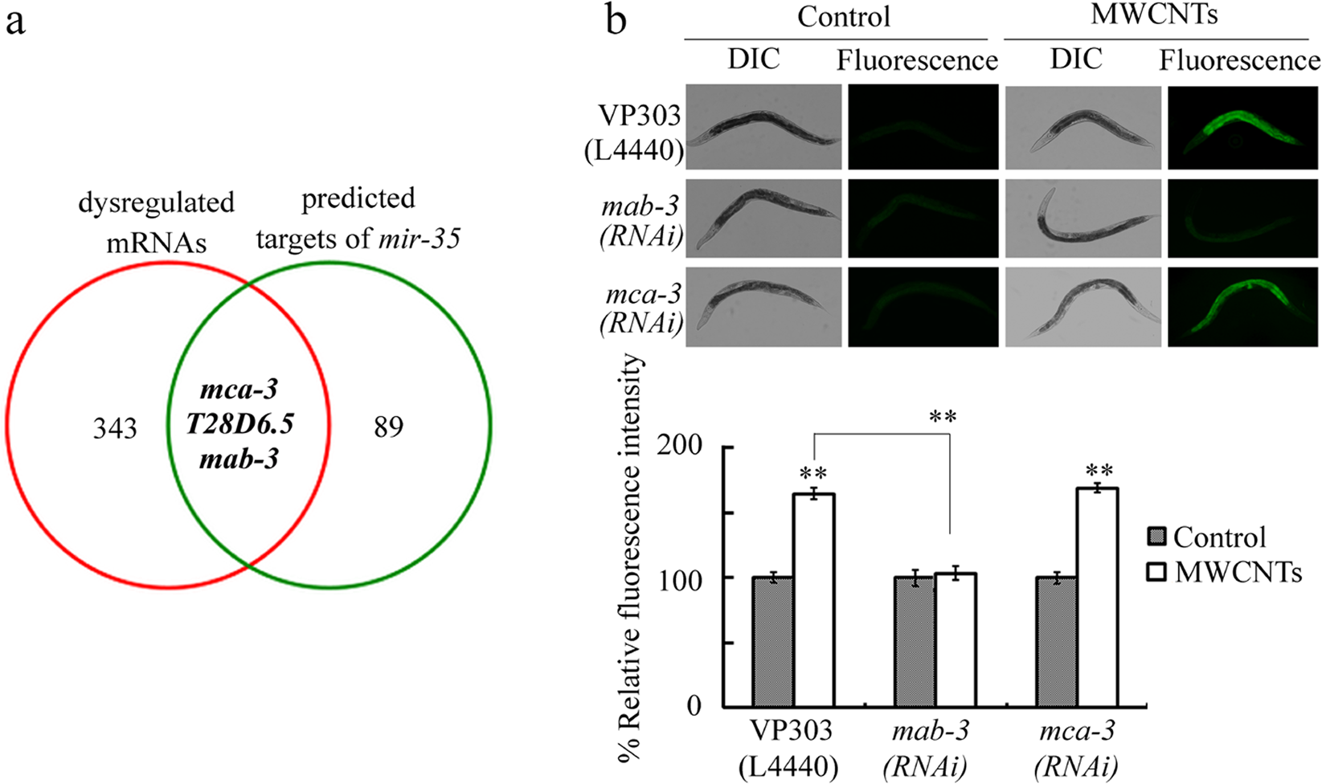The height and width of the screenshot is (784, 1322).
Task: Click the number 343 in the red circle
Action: (x=115, y=428)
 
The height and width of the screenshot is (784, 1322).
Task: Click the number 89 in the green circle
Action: (x=388, y=427)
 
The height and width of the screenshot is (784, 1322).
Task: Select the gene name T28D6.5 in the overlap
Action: (x=239, y=425)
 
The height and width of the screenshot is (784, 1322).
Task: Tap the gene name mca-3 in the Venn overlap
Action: (x=239, y=390)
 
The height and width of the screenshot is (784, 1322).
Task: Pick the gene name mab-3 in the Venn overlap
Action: (x=239, y=459)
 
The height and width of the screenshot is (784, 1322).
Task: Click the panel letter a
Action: (x=14, y=22)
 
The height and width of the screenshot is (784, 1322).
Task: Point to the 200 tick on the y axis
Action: (x=679, y=447)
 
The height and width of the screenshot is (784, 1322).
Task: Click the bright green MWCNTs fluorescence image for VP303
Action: (x=1242, y=126)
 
